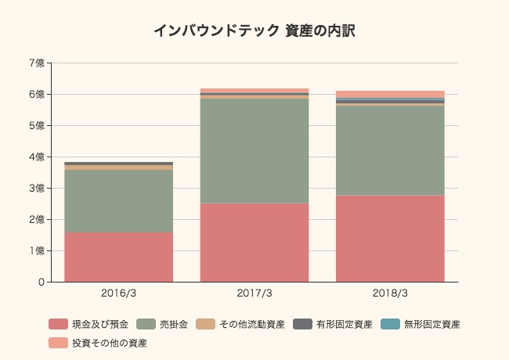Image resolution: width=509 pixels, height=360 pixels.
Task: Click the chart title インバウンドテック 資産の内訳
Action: coord(254,31)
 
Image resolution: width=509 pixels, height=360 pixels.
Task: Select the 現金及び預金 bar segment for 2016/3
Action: coord(118,257)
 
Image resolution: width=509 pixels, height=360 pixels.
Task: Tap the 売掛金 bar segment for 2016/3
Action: coord(118,201)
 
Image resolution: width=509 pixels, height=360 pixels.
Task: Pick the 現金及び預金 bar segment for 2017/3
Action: coord(254,243)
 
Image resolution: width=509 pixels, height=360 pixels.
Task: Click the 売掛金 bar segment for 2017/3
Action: coord(254,151)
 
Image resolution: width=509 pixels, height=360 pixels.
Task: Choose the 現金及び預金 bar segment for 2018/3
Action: coord(390,239)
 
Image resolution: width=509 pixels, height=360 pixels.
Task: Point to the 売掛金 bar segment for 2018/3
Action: coord(390,150)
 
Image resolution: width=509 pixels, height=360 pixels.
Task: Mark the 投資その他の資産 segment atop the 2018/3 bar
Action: coord(390,94)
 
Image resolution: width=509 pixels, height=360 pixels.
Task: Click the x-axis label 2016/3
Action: coord(118,293)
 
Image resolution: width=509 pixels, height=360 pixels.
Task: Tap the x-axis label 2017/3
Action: coord(254,293)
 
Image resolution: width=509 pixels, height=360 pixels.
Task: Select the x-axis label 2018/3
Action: coord(390,293)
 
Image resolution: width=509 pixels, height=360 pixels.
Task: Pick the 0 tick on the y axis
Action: coord(40,282)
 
